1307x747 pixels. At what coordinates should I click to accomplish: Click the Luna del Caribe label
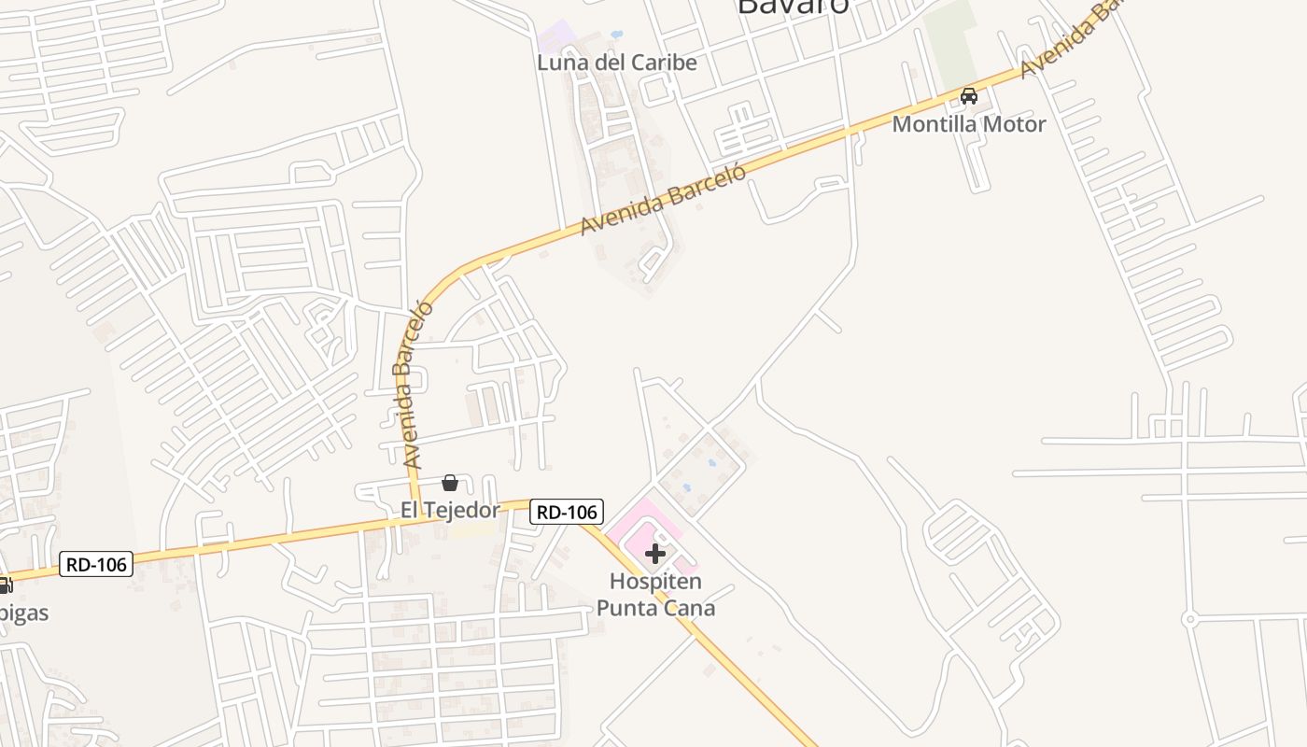[x=616, y=63]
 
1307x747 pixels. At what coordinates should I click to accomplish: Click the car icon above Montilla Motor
[x=969, y=95]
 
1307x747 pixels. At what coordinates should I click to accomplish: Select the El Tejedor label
[x=450, y=510]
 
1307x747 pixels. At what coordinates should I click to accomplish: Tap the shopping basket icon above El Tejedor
[x=450, y=483]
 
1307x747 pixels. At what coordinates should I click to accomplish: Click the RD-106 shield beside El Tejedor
[x=567, y=512]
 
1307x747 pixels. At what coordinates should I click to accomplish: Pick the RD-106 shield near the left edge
[x=96, y=564]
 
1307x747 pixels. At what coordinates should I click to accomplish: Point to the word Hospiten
[x=655, y=582]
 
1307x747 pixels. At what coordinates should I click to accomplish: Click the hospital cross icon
[x=655, y=554]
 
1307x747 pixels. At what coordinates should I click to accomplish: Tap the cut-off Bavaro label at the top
[x=793, y=7]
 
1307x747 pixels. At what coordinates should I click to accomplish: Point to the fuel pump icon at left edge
[x=4, y=585]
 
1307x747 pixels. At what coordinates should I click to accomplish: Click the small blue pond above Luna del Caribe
[x=616, y=35]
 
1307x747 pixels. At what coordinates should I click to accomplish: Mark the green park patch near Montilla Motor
[x=951, y=37]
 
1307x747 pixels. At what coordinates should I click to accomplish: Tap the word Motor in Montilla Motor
[x=1016, y=123]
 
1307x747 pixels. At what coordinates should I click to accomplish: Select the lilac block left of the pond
[x=557, y=37]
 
